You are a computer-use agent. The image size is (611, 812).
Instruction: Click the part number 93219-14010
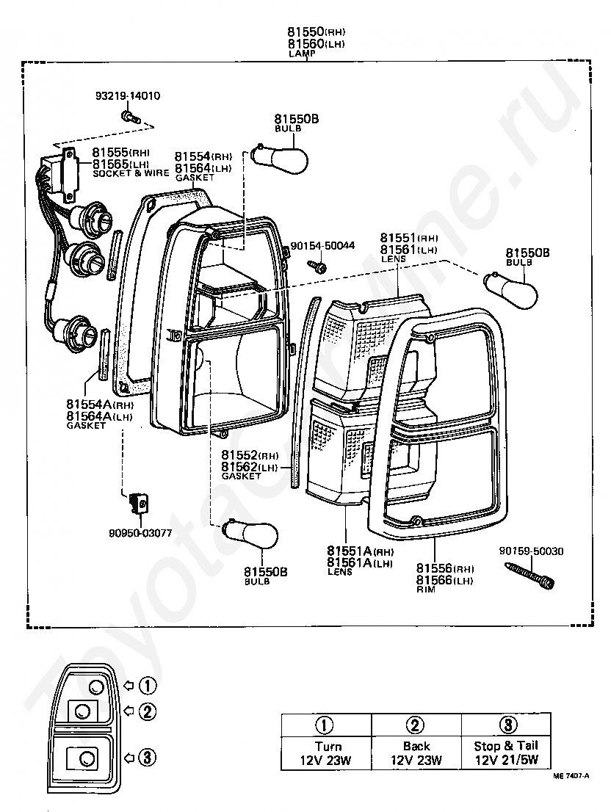click(x=128, y=95)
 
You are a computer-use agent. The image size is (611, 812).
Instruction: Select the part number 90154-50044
click(x=322, y=246)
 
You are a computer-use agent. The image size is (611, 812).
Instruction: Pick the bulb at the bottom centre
click(x=251, y=536)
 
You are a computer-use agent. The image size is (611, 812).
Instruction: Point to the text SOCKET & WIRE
click(x=131, y=173)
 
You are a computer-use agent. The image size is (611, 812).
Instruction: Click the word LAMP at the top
click(x=301, y=54)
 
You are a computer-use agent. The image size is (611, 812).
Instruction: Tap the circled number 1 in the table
click(x=326, y=725)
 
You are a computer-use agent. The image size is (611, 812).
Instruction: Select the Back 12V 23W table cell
click(x=416, y=753)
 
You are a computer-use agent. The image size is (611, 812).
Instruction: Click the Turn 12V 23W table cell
click(x=326, y=753)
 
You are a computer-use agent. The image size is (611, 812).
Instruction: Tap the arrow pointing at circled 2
click(x=128, y=711)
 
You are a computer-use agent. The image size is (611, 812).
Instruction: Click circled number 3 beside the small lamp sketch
click(x=148, y=757)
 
